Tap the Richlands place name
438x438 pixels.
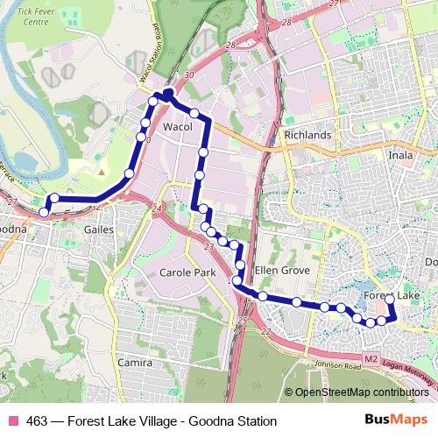[x=307, y=136]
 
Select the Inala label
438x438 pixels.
[x=400, y=156]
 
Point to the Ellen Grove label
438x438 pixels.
[x=282, y=271]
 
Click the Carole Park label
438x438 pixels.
[x=187, y=272]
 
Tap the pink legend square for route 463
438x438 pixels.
[x=13, y=421]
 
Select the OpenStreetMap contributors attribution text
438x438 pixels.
[x=362, y=392]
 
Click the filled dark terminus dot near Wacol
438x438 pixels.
[x=167, y=92]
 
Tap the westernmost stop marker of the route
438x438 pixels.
[x=44, y=212]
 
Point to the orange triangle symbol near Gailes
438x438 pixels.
[x=102, y=172]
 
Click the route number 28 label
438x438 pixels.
[x=230, y=45]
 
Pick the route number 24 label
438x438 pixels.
[x=157, y=208]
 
